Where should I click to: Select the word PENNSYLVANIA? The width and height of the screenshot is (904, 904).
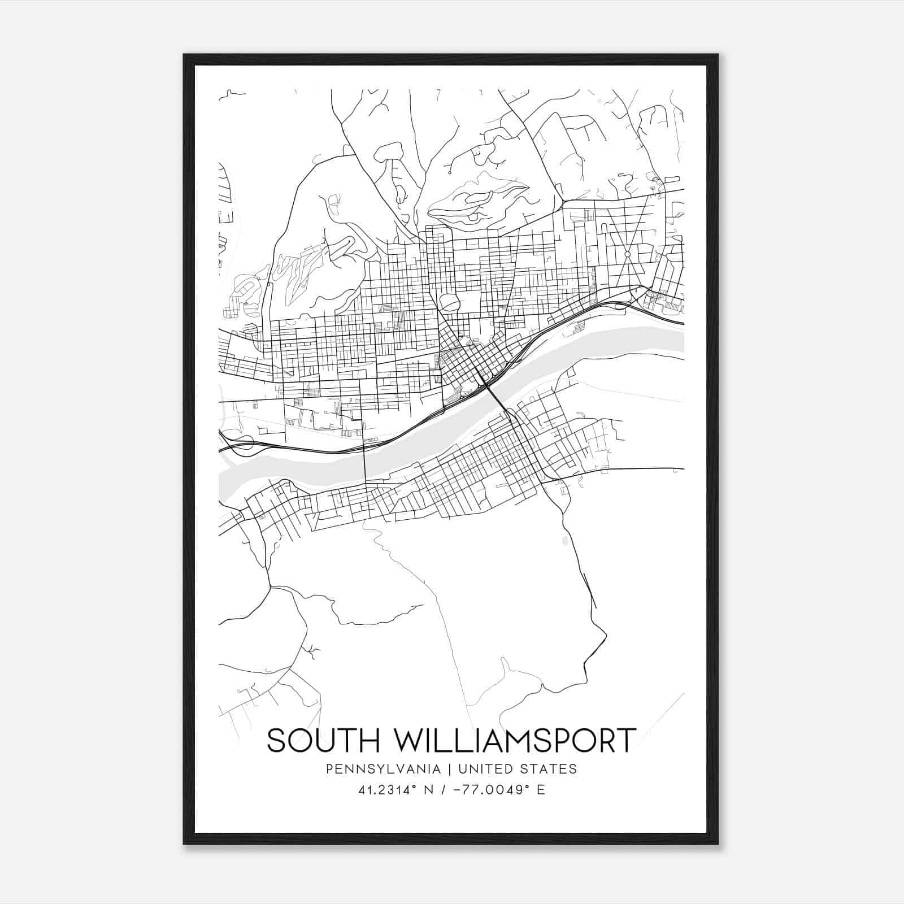[x=375, y=769]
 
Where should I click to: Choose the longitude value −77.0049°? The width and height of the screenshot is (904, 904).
[x=484, y=790]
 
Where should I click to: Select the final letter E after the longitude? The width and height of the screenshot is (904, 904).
[x=541, y=790]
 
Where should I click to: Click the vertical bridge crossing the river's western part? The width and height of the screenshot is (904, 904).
[x=364, y=463]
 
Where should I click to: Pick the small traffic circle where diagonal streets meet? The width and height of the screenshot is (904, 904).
[x=627, y=255]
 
